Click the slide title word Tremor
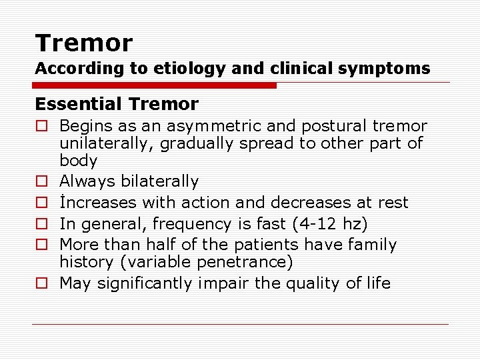pyautogui.click(x=84, y=44)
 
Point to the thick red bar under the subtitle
pyautogui.click(x=155, y=85)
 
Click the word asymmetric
pyautogui.click(x=212, y=126)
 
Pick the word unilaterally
pyautogui.click(x=106, y=143)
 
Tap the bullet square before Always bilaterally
pyautogui.click(x=41, y=181)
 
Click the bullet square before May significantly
pyautogui.click(x=41, y=283)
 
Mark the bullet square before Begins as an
pyautogui.click(x=41, y=126)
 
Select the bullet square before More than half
pyautogui.click(x=41, y=245)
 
